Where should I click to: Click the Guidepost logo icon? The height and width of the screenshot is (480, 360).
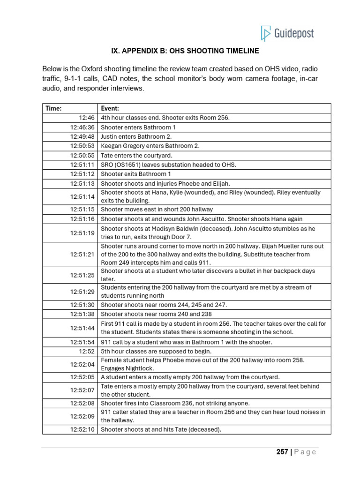pyautogui.click(x=266, y=34)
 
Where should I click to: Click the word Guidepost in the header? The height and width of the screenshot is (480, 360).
pyautogui.click(x=294, y=34)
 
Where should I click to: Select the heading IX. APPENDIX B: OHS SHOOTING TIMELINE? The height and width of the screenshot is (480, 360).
pyautogui.click(x=185, y=51)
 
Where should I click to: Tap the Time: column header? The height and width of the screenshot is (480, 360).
pyautogui.click(x=53, y=108)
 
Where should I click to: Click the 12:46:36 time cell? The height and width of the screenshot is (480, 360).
pyautogui.click(x=82, y=127)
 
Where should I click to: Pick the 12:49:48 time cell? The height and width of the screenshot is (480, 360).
pyautogui.click(x=82, y=136)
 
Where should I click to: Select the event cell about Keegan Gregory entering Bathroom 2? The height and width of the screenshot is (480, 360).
pyautogui.click(x=150, y=146)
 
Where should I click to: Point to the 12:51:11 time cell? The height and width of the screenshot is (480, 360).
pyautogui.click(x=82, y=165)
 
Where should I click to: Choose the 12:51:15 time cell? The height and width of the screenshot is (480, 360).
pyautogui.click(x=82, y=210)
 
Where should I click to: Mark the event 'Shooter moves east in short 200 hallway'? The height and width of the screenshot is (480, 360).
pyautogui.click(x=157, y=210)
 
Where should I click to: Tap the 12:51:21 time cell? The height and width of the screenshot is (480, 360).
pyautogui.click(x=82, y=255)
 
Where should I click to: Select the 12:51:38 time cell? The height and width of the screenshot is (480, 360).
pyautogui.click(x=82, y=314)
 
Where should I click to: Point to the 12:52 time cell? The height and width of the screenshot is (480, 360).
pyautogui.click(x=87, y=351)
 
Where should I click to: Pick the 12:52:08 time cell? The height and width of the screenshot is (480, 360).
pyautogui.click(x=82, y=403)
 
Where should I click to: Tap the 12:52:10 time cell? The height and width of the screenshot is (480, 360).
pyautogui.click(x=82, y=429)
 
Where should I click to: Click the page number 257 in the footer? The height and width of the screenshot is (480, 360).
pyautogui.click(x=282, y=452)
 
